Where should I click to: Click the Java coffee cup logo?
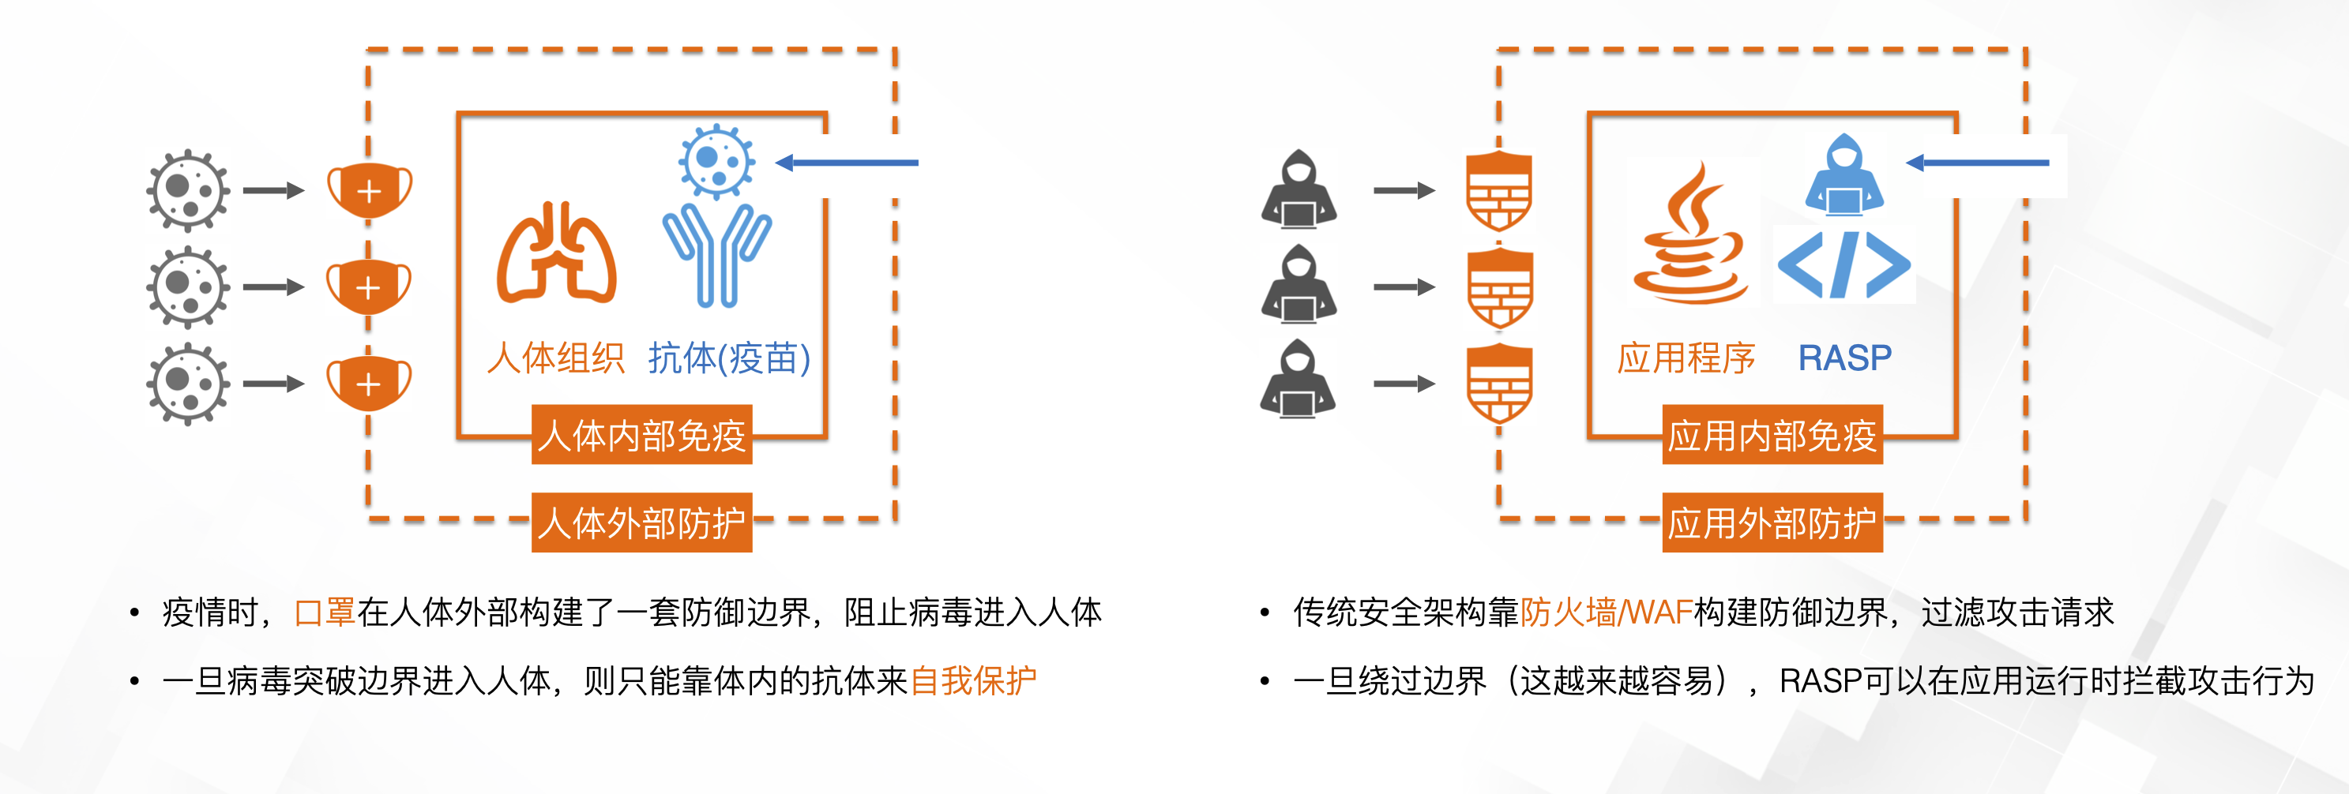click(1689, 235)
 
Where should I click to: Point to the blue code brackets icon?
click(1843, 265)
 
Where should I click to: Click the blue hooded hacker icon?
click(1843, 175)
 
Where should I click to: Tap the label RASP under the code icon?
click(1843, 358)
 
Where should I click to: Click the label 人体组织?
click(555, 358)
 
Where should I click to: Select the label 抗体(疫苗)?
click(728, 358)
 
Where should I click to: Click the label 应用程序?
click(1686, 358)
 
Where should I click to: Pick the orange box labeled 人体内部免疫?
click(642, 435)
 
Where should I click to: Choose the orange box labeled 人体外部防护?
click(642, 522)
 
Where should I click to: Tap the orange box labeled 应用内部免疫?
click(1772, 435)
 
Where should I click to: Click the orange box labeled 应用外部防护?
click(1772, 522)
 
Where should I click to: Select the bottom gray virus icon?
click(188, 384)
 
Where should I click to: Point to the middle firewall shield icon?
click(1498, 288)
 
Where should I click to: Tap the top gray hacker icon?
click(1299, 189)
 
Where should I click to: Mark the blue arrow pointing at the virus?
click(848, 163)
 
